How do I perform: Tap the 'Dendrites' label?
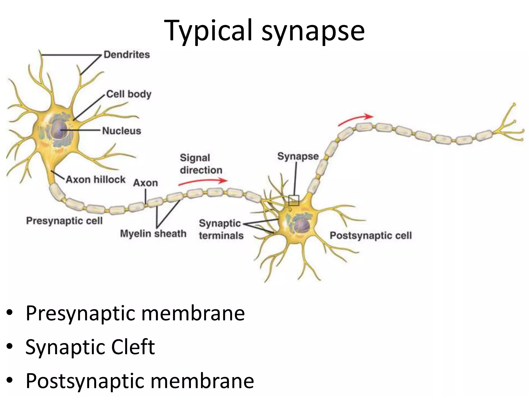click(127, 55)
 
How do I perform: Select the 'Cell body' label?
click(129, 94)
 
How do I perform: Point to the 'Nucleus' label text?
click(122, 131)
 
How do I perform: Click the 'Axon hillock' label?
click(96, 179)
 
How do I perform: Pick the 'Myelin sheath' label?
click(153, 234)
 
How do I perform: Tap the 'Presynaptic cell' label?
click(65, 221)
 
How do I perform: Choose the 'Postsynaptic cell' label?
click(371, 235)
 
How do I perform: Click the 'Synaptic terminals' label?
click(221, 229)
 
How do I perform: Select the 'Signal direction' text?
click(201, 164)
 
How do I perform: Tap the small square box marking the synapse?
click(294, 200)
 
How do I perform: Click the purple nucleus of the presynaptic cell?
click(60, 129)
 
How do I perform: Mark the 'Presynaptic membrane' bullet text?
click(135, 313)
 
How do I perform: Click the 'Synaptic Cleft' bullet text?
click(90, 347)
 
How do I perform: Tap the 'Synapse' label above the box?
click(298, 156)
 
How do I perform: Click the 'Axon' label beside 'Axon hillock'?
click(145, 183)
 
